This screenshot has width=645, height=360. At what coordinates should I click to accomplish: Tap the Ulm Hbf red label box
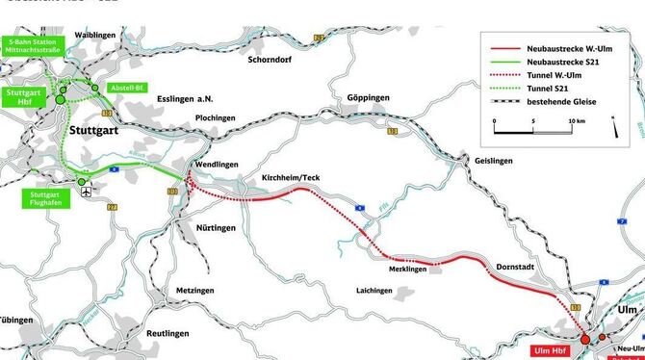click(x=554, y=351)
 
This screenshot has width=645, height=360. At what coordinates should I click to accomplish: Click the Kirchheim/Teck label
click(x=290, y=178)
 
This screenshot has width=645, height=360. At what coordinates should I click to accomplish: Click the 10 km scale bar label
click(x=575, y=121)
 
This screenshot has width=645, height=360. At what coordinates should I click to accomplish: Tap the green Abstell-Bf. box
click(x=127, y=87)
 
